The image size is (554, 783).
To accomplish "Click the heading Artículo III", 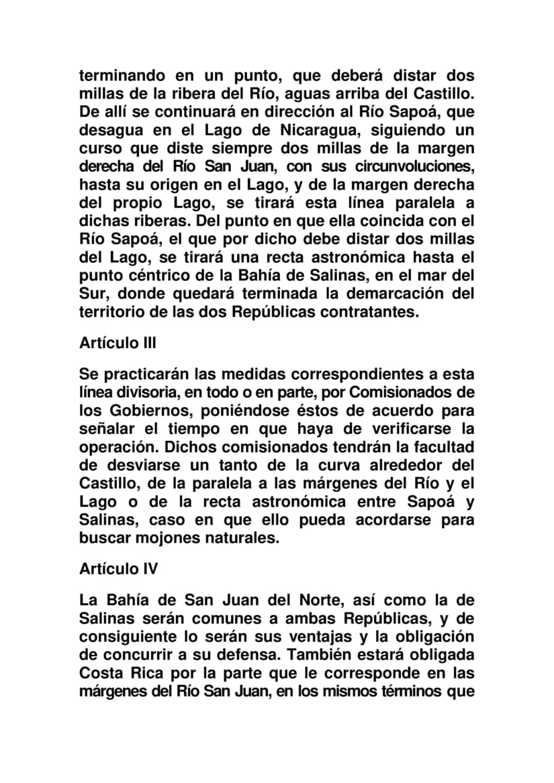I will pyautogui.click(x=118, y=343).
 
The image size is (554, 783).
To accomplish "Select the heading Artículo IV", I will pyautogui.click(x=118, y=568).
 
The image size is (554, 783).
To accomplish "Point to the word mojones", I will pyautogui.click(x=163, y=538).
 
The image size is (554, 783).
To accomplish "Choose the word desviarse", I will pyautogui.click(x=141, y=464).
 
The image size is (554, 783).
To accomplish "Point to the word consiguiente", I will pyautogui.click(x=131, y=635).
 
